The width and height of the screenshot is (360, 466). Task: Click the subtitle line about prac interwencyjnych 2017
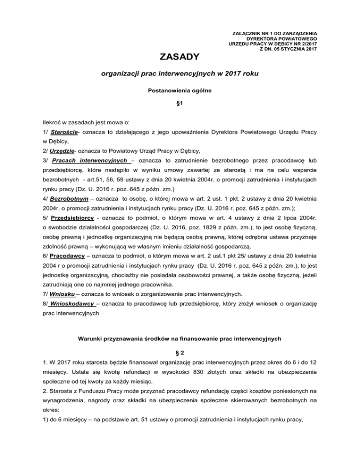coord(180,74)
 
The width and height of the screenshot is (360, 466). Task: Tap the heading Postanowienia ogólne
coord(180,91)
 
